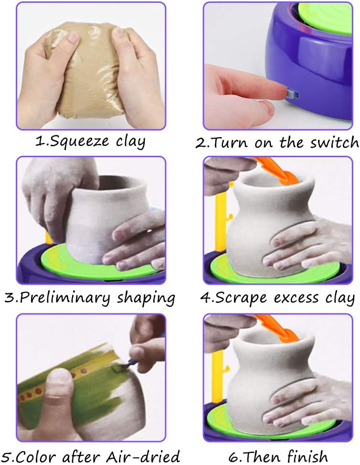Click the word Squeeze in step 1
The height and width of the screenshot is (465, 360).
(79, 141)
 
